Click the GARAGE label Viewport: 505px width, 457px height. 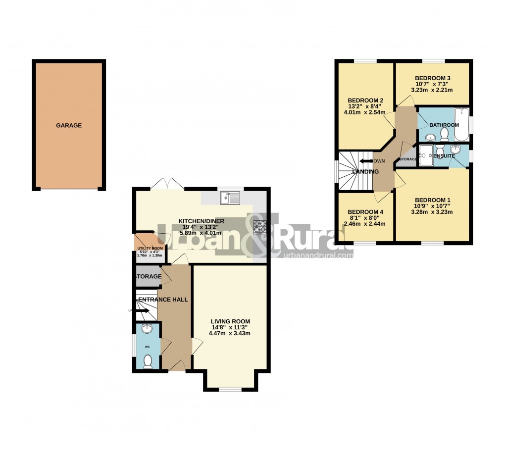[x=69, y=126]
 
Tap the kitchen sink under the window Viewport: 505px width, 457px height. [x=231, y=199]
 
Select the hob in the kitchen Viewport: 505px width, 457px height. [x=260, y=227]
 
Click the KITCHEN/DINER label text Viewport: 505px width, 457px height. [x=202, y=221]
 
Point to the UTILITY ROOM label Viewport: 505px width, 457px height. [x=150, y=249]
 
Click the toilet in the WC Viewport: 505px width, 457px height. [x=147, y=363]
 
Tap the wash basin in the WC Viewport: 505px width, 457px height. [x=147, y=329]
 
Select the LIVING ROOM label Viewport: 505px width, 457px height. [x=229, y=321]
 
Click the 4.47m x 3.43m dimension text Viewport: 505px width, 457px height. [x=229, y=333]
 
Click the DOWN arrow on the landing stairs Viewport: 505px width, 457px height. [x=365, y=161]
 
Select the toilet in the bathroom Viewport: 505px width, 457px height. [x=444, y=134]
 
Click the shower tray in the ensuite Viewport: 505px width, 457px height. [x=425, y=155]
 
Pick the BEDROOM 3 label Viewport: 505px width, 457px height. [x=432, y=78]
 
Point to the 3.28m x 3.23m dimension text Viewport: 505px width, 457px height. [x=432, y=212]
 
